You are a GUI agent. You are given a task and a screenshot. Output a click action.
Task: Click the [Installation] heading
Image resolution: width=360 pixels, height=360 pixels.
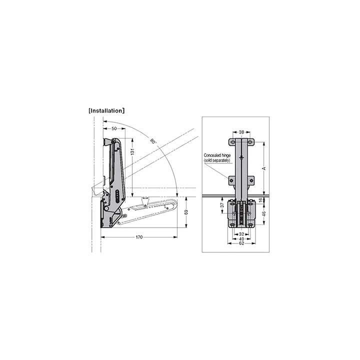tap(106, 111)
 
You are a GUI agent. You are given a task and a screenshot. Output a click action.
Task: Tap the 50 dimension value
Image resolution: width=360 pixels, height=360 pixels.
tap(114, 129)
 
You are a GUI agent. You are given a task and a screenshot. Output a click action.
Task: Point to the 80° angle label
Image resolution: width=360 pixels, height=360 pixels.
tap(152, 141)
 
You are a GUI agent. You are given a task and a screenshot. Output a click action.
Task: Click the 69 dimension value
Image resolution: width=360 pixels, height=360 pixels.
tap(186, 212)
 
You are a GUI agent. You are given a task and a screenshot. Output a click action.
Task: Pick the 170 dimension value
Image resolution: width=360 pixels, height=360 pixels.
tap(139, 237)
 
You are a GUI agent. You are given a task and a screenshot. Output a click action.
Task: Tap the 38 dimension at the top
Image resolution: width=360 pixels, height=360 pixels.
tap(241, 132)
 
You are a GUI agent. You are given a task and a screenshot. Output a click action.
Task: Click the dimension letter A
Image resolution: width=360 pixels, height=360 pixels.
tap(264, 168)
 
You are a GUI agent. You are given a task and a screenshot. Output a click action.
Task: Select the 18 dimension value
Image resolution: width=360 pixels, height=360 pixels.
tap(260, 200)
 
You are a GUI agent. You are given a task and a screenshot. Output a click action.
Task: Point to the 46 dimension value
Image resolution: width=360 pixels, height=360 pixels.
tap(264, 213)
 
